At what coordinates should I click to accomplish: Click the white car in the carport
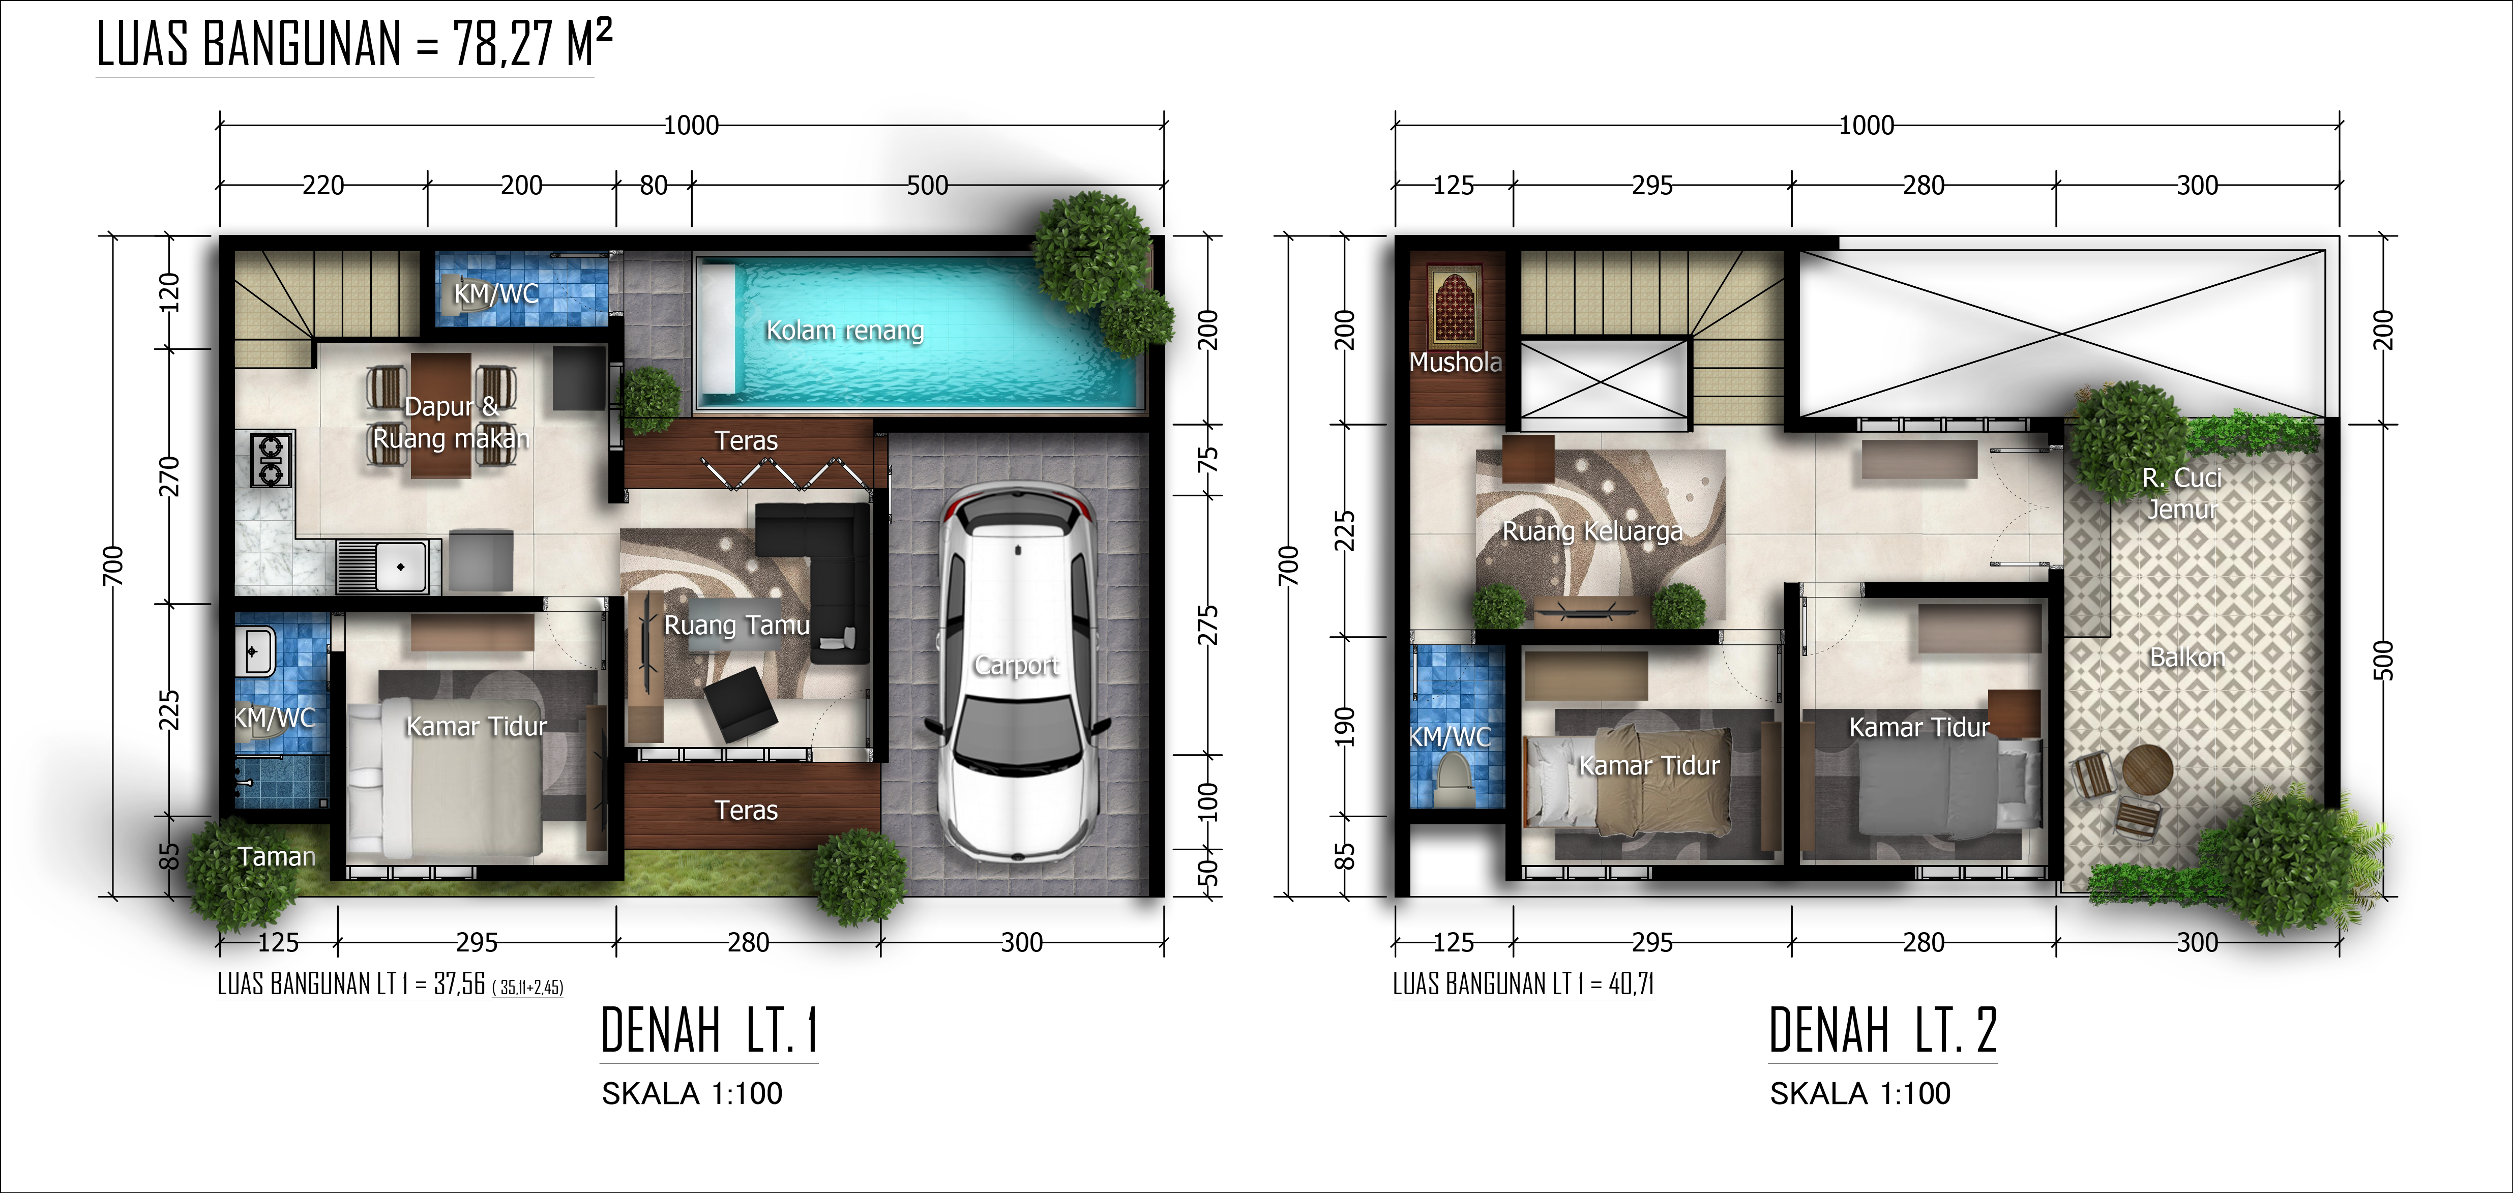click(x=1017, y=673)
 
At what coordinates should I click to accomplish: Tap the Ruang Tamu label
click(x=736, y=625)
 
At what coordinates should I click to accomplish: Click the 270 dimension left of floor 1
click(x=170, y=476)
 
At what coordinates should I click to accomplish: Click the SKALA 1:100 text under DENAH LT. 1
click(x=692, y=1093)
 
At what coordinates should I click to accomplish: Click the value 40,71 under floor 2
click(x=1630, y=984)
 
